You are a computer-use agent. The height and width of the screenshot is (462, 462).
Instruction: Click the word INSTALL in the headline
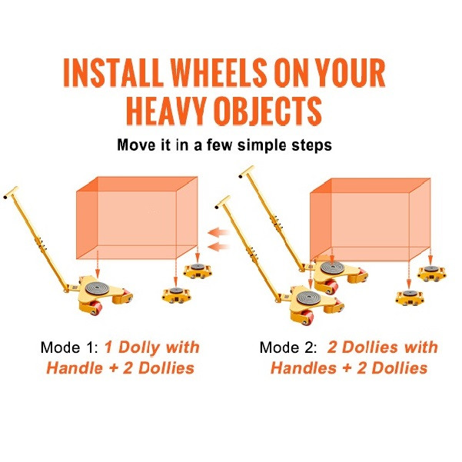tap(114, 72)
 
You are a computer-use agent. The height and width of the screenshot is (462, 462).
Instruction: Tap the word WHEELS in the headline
tap(218, 72)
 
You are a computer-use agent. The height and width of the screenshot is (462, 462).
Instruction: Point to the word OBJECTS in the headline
tap(268, 111)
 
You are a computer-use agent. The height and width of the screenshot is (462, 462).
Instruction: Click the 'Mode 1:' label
tap(68, 347)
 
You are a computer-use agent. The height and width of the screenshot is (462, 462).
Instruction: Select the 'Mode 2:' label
tap(288, 347)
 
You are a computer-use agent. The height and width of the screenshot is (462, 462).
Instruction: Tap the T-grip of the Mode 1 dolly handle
tap(11, 192)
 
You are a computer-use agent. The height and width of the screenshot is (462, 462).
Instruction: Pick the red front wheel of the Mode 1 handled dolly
tap(96, 308)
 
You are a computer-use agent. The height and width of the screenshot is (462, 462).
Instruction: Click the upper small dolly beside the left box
tap(197, 271)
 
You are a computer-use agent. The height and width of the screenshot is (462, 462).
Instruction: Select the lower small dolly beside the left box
tap(176, 295)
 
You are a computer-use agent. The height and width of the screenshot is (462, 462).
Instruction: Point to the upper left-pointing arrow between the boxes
tap(218, 232)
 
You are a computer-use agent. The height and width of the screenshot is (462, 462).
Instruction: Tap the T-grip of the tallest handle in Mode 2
tap(247, 171)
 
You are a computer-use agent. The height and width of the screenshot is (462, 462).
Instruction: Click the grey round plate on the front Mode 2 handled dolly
tap(309, 297)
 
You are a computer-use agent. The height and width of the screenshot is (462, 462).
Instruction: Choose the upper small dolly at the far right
tap(431, 273)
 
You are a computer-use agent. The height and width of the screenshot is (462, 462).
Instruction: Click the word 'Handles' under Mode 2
tap(304, 368)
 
